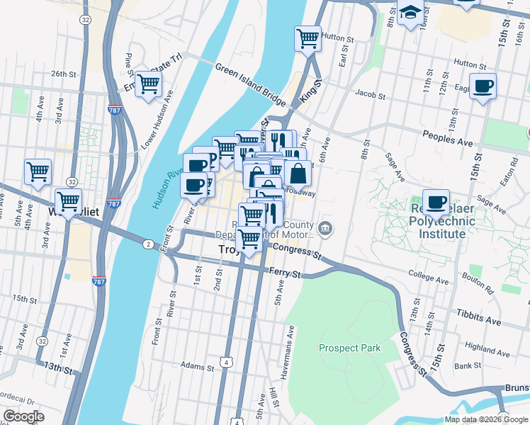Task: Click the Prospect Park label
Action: [349, 348]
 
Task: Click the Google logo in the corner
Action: [23, 416]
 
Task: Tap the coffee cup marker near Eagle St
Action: [483, 87]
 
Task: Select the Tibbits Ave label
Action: [478, 317]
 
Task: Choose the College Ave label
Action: [429, 280]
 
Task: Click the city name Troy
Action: [226, 249]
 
